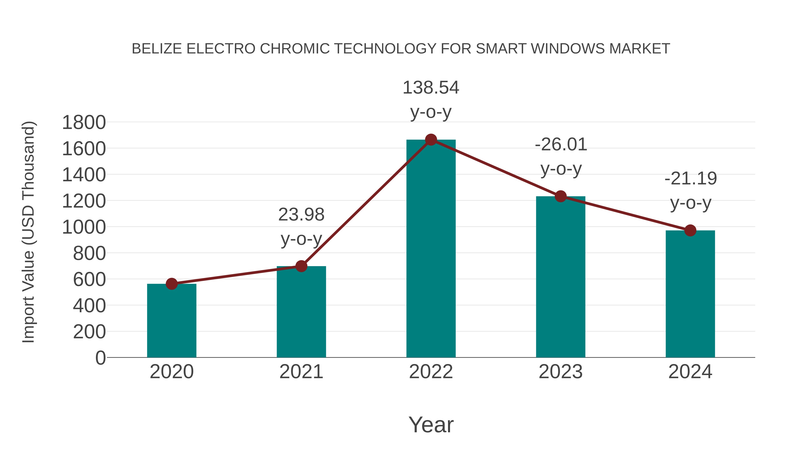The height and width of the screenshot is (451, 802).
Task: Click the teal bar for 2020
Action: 172,320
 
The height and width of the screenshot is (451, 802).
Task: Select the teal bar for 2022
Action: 431,249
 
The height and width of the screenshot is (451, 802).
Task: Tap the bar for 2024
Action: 690,294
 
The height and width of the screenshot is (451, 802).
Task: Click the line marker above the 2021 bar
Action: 301,266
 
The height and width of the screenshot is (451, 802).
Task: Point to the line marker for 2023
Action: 561,196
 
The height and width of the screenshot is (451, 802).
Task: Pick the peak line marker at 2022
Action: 431,140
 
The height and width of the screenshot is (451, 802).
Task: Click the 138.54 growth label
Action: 431,88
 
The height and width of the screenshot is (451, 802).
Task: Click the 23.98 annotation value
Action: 301,214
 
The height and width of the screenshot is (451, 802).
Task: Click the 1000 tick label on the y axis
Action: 84,227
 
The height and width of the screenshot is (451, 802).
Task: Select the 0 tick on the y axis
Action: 100,358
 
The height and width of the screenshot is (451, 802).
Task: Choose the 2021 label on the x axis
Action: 301,372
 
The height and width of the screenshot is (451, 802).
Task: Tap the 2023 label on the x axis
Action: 561,372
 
